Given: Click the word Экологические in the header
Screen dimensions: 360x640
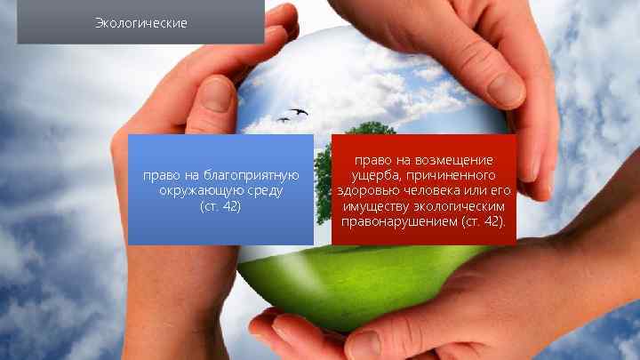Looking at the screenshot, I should point(140,22).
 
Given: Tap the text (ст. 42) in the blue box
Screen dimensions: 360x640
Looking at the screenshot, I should point(220,206).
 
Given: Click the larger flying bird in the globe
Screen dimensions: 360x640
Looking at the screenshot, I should point(298,112).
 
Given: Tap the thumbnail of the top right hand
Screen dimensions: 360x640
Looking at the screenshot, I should point(504,87).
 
